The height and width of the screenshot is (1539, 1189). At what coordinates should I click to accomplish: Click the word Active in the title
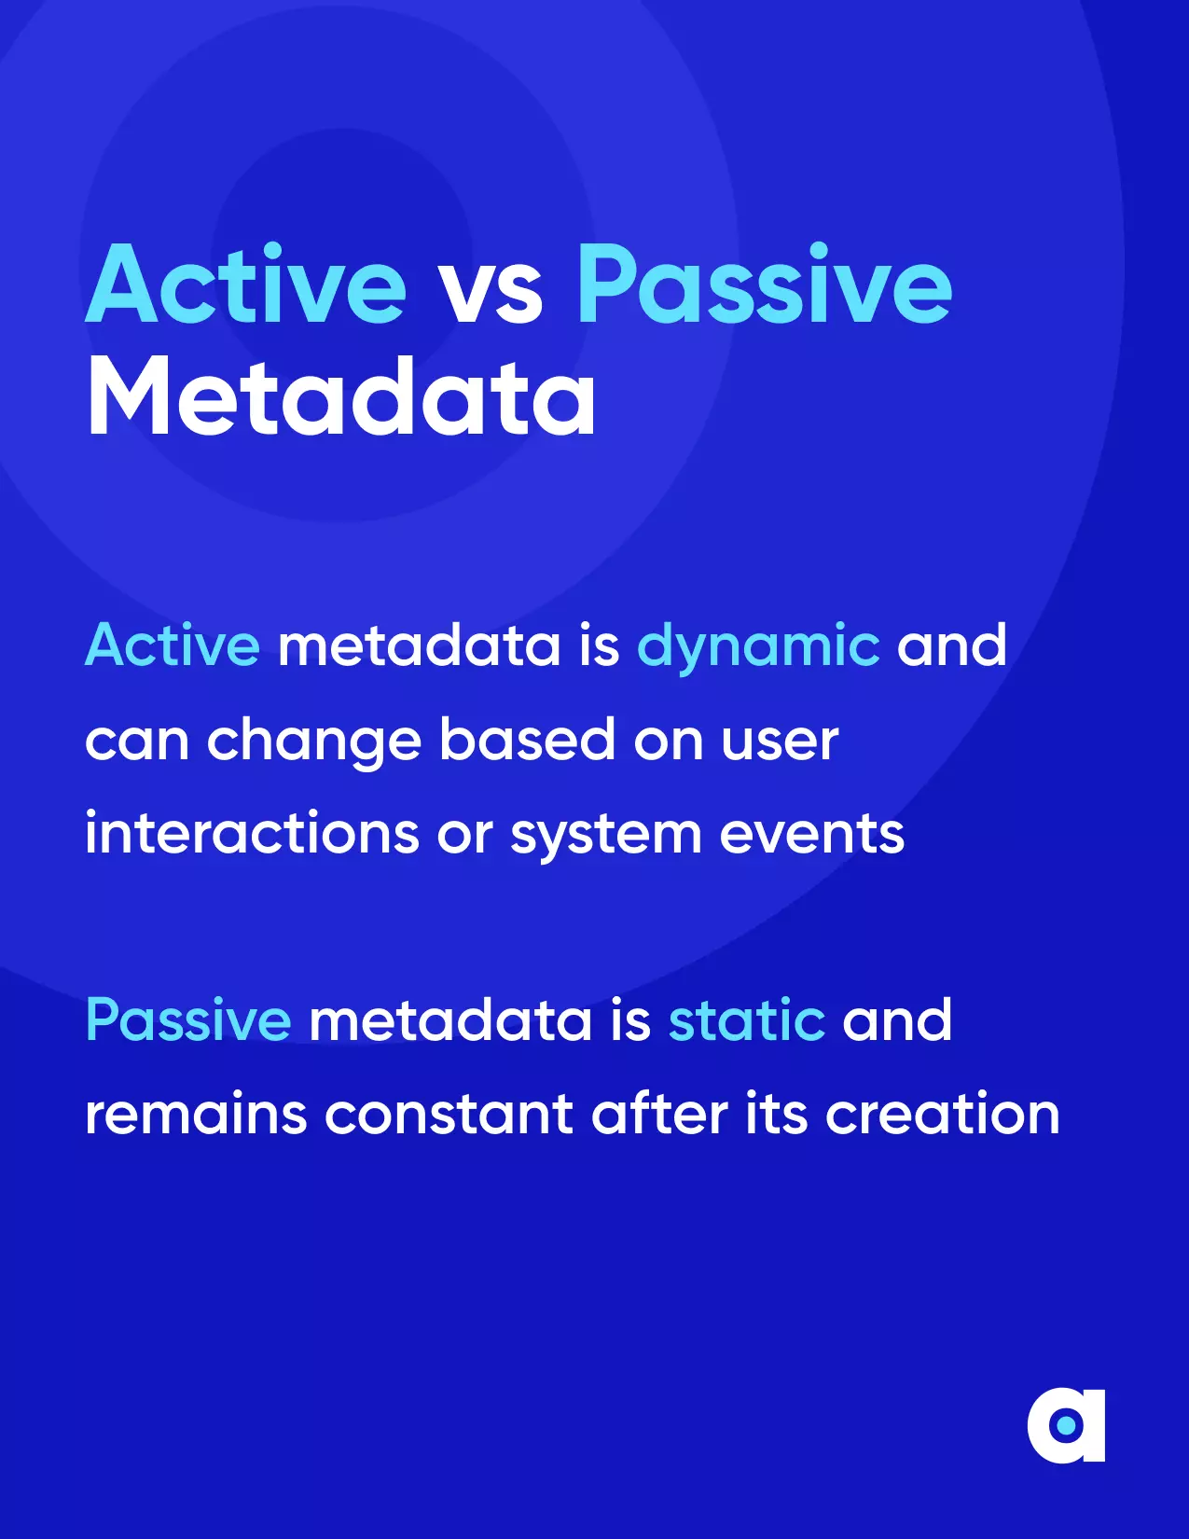tap(246, 284)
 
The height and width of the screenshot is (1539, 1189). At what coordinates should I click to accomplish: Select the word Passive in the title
tap(765, 284)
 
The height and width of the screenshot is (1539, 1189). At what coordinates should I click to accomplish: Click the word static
tap(746, 1020)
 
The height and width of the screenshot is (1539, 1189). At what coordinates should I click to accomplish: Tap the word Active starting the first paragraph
tap(173, 645)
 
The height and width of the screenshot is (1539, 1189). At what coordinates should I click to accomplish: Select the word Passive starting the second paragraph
tap(188, 1019)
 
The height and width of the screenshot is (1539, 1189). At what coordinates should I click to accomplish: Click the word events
tap(811, 834)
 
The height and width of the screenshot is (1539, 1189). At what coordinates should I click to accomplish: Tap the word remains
tap(196, 1114)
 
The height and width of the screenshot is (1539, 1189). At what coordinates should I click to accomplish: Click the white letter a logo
tap(1066, 1425)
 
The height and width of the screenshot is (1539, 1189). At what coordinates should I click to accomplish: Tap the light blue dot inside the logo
tap(1066, 1425)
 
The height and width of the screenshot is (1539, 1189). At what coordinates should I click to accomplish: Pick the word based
tap(527, 739)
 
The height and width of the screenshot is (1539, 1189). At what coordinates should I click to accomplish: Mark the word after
tap(659, 1112)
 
